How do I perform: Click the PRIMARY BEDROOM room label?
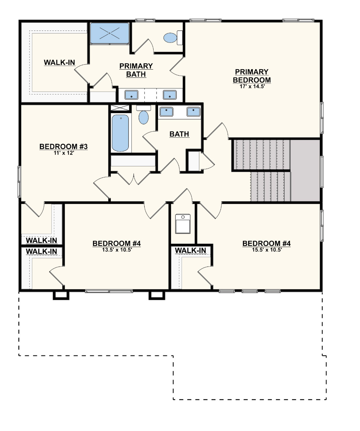pyautogui.click(x=251, y=76)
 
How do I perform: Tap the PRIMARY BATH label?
pyautogui.click(x=136, y=70)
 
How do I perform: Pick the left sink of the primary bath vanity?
pyautogui.click(x=131, y=95)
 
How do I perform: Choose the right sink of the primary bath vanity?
pyautogui.click(x=170, y=95)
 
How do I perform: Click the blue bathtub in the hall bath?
pyautogui.click(x=120, y=133)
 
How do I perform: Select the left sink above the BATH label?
pyautogui.click(x=166, y=112)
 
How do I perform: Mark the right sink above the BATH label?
pyautogui.click(x=193, y=112)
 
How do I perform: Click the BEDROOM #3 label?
pyautogui.click(x=63, y=147)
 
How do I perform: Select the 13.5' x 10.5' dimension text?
pyautogui.click(x=116, y=250)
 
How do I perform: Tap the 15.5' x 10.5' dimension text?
pyautogui.click(x=266, y=250)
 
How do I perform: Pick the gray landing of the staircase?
pyautogui.click(x=305, y=170)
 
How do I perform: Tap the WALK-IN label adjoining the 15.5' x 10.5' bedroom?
pyautogui.click(x=190, y=250)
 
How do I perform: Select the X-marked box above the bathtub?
pyautogui.click(x=119, y=108)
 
